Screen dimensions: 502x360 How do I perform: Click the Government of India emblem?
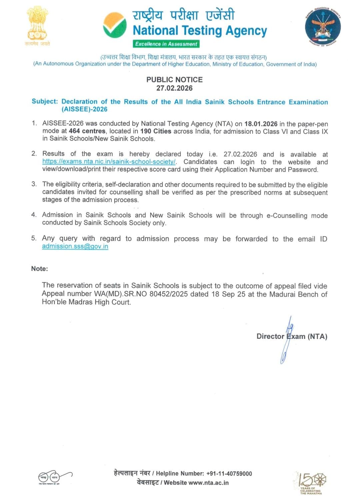(37, 25)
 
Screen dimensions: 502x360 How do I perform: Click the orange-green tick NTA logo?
(115, 25)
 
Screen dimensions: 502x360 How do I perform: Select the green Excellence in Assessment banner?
(166, 44)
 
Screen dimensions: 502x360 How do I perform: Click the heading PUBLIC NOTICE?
(174, 80)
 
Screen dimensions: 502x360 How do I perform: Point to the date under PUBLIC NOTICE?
(174, 88)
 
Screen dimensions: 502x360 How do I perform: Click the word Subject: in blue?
(45, 101)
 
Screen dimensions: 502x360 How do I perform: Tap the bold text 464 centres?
(87, 131)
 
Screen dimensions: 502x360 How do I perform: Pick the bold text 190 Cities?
(156, 131)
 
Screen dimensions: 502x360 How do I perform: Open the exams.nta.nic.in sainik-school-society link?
(109, 162)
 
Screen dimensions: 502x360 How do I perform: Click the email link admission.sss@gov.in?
(75, 247)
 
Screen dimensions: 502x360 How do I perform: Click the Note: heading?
(39, 269)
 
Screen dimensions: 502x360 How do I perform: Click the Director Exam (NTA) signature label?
(292, 336)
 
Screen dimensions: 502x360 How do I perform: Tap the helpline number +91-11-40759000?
(229, 474)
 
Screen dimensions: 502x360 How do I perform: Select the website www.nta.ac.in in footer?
(208, 483)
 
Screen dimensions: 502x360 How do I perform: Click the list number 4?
(34, 215)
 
